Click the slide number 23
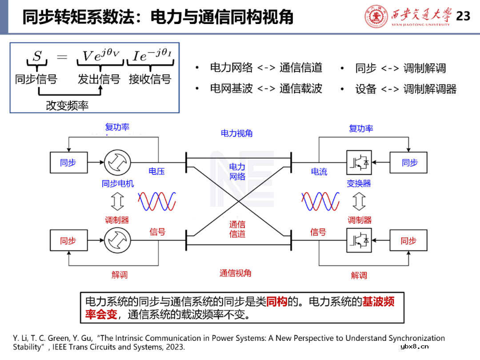463,16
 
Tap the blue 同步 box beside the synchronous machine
68,163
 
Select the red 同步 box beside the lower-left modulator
68,241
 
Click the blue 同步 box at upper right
409,163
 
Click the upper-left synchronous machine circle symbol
117,163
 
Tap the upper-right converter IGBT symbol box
359,163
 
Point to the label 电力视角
236,133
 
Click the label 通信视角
236,273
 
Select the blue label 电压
157,172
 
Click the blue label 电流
319,172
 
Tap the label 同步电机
118,184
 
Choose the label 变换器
359,184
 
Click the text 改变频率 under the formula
67,106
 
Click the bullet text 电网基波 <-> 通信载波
266,88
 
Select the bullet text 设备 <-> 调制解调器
405,89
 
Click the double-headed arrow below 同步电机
117,202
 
